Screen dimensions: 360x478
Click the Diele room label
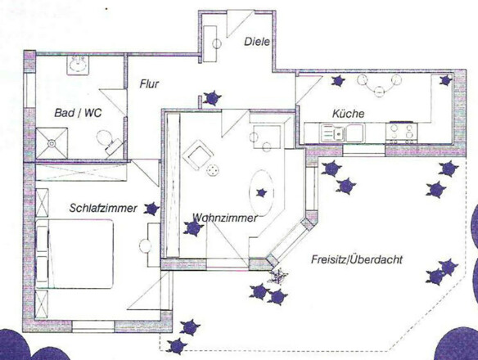pos(257,42)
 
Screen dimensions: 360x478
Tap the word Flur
pos(148,84)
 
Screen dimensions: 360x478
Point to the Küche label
pos(348,113)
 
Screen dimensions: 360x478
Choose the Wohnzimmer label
pos(225,218)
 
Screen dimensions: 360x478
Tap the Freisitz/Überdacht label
pos(368,260)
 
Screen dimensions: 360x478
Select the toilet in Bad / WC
pos(109,143)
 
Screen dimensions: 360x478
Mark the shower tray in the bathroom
pos(53,144)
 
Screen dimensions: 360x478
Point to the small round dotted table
pos(214,170)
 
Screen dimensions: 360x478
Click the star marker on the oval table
pos(262,192)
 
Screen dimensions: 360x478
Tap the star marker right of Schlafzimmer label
pos(152,209)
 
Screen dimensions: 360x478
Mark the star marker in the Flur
pos(212,98)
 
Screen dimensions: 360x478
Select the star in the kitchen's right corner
pos(445,80)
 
